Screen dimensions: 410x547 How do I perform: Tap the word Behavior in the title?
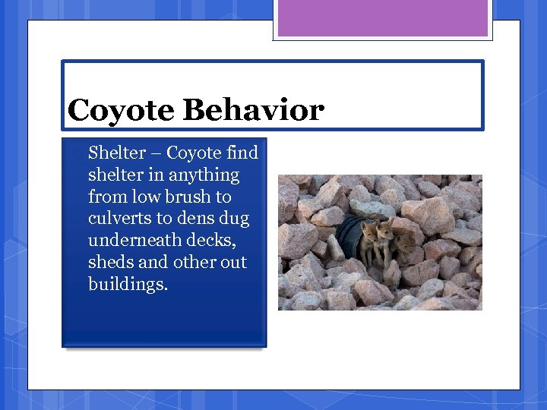253,111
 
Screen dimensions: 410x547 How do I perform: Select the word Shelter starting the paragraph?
116,153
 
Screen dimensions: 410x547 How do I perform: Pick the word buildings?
128,285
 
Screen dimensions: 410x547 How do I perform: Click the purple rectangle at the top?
383,18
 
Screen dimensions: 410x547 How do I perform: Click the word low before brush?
147,197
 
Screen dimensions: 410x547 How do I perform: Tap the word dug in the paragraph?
234,219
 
